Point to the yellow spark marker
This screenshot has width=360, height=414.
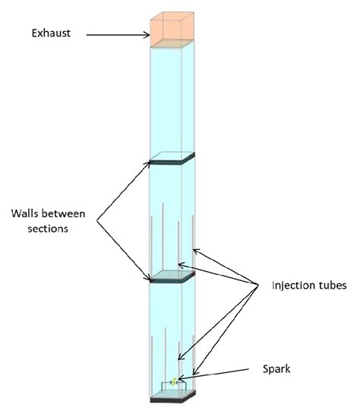click(x=174, y=381)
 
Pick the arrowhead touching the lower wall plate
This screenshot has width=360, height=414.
click(x=152, y=279)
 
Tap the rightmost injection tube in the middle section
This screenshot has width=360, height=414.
click(x=194, y=243)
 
